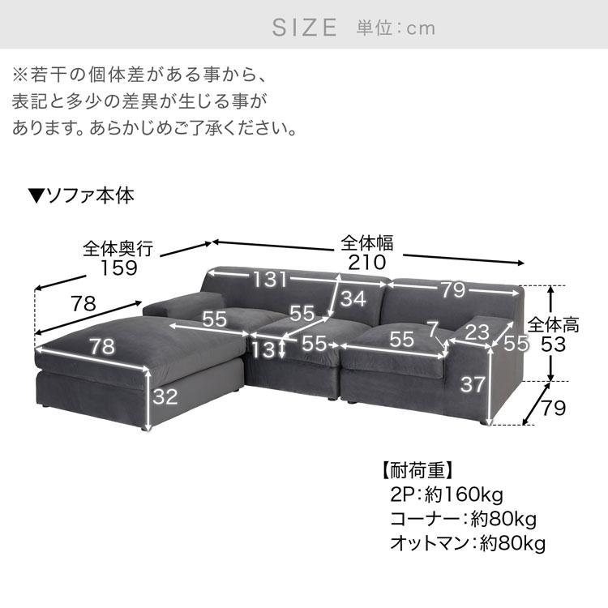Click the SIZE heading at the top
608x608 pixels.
(304, 28)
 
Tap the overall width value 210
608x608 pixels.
(366, 263)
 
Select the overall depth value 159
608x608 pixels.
(118, 268)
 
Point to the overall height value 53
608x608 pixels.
(553, 344)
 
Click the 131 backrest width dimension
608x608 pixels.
(269, 279)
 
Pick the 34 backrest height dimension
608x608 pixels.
(353, 298)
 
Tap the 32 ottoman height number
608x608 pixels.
(165, 396)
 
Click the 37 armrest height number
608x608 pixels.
(473, 384)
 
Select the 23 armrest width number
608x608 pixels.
(477, 332)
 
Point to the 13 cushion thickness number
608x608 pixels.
(263, 349)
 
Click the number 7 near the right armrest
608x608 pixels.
(432, 330)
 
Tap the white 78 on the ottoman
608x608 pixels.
(102, 346)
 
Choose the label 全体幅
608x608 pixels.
(366, 243)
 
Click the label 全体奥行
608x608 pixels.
(118, 249)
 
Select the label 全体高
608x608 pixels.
(554, 325)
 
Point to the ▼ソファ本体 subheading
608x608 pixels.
(81, 196)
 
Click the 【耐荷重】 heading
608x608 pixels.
(417, 471)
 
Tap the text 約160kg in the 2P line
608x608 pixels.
(464, 495)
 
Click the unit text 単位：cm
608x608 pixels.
(396, 28)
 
